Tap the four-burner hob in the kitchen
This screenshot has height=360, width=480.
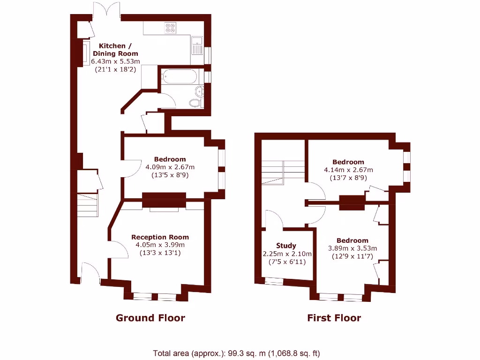(170, 29)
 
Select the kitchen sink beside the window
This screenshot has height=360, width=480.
(197, 45)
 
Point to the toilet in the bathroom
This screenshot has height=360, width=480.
(195, 103)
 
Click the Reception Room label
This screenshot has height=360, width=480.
(160, 237)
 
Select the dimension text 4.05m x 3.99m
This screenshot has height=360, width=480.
(160, 245)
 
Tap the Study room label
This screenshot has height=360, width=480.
(286, 246)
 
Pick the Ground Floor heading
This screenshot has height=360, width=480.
(150, 318)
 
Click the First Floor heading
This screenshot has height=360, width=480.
(334, 318)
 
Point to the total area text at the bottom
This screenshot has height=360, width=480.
(236, 353)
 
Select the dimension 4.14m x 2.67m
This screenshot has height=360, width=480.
(348, 170)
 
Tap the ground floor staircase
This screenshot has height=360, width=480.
(88, 205)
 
